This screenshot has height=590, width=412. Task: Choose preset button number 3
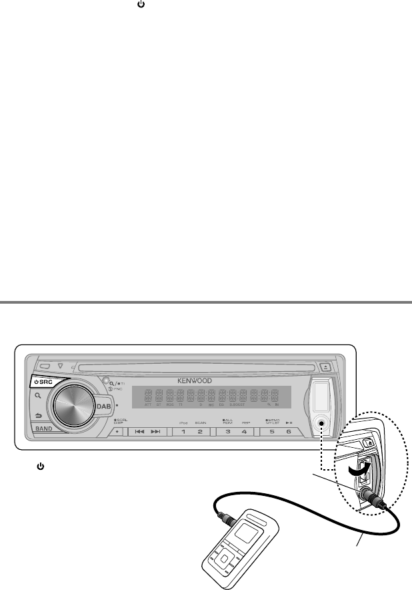click(228, 432)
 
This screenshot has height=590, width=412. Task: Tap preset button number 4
click(245, 432)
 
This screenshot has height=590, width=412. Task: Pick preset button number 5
click(271, 432)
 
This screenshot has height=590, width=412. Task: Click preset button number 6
click(288, 432)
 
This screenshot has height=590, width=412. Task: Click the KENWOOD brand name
click(195, 380)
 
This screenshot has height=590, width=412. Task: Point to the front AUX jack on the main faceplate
click(321, 423)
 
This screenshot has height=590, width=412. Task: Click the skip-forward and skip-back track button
click(147, 432)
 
